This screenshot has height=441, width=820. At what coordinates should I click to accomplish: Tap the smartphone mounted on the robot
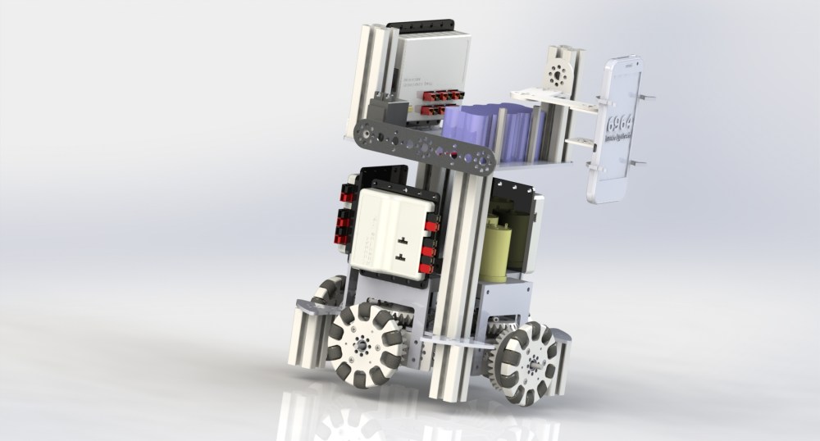pos(616,131)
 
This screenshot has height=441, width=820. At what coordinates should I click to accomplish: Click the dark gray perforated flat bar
pos(427,148)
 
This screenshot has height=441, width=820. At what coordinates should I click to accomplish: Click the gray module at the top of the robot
pos(426,66)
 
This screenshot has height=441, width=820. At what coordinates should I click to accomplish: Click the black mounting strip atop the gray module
pos(426,26)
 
